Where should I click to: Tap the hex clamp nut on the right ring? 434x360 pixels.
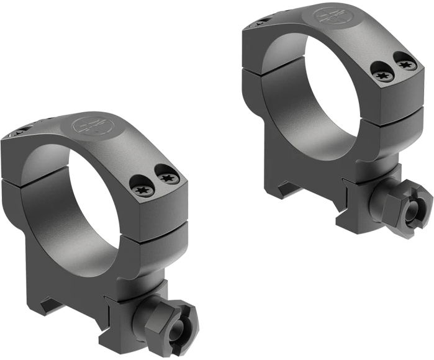(407, 211)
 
